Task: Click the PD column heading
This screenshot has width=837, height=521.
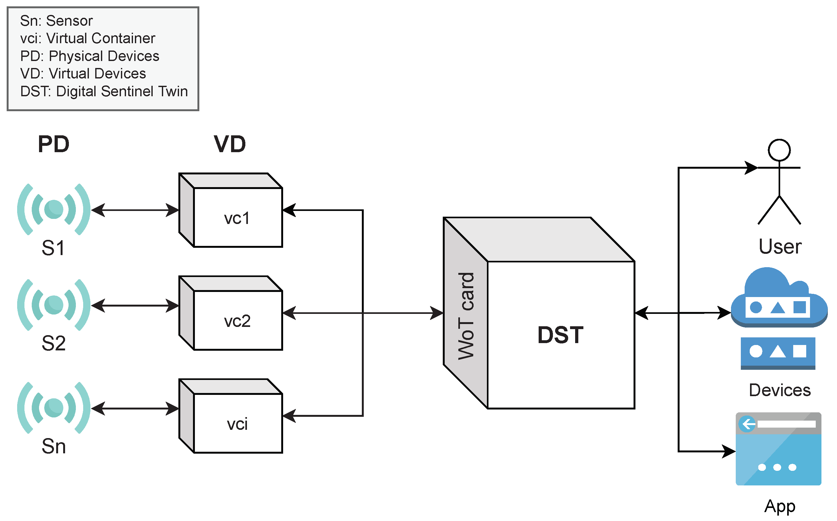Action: [53, 144]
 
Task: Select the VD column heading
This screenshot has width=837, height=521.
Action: [230, 144]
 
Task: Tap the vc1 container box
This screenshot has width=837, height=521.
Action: [237, 218]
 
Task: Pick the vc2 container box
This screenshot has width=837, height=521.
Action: [237, 321]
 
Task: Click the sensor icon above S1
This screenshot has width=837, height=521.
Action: [54, 209]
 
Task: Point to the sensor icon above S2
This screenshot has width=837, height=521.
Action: [54, 305]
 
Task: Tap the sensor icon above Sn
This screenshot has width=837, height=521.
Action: [54, 408]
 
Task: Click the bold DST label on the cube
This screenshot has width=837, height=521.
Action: [560, 335]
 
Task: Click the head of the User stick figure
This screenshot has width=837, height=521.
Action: [779, 150]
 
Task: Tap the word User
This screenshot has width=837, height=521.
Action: [780, 247]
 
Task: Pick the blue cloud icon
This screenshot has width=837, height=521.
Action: [779, 298]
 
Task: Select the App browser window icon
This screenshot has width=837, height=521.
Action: [778, 449]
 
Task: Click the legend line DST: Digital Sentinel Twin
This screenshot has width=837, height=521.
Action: [104, 91]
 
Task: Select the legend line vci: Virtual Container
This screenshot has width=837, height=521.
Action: [88, 38]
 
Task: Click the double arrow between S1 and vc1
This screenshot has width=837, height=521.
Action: [135, 210]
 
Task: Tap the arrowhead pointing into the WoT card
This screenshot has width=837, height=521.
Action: [436, 313]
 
